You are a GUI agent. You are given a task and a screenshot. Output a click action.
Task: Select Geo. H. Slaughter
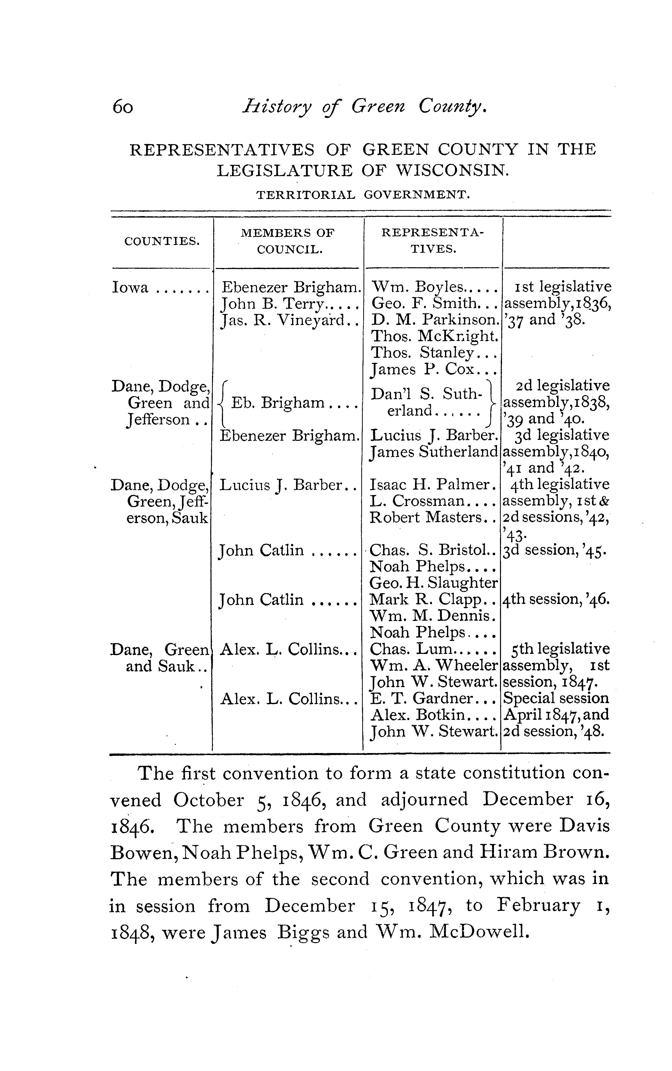(x=433, y=582)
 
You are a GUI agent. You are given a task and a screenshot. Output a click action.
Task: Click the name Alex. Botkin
(x=418, y=715)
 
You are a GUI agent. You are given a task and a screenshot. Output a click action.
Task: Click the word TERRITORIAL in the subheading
(x=306, y=195)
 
